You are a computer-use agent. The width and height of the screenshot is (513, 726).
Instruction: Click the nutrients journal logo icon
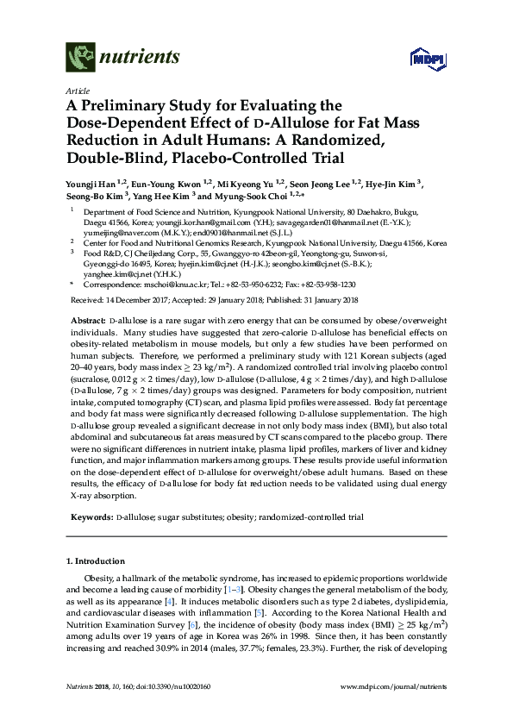(x=78, y=58)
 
